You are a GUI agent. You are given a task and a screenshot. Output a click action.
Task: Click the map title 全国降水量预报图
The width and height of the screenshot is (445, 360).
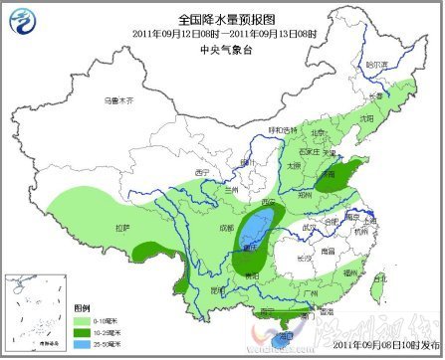(x=224, y=19)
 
